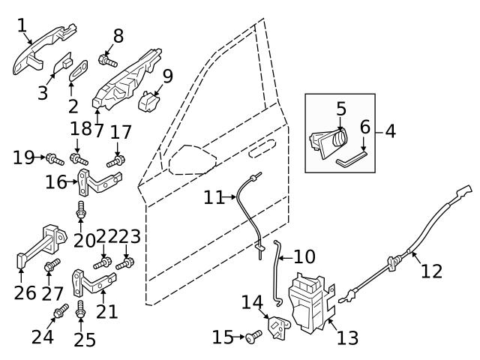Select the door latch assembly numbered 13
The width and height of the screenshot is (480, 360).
tap(312, 300)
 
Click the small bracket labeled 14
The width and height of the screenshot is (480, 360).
tap(277, 328)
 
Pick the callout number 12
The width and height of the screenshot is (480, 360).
tap(431, 270)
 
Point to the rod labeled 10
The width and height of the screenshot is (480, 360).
tap(277, 274)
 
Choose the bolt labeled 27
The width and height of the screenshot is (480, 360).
tap(52, 266)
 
